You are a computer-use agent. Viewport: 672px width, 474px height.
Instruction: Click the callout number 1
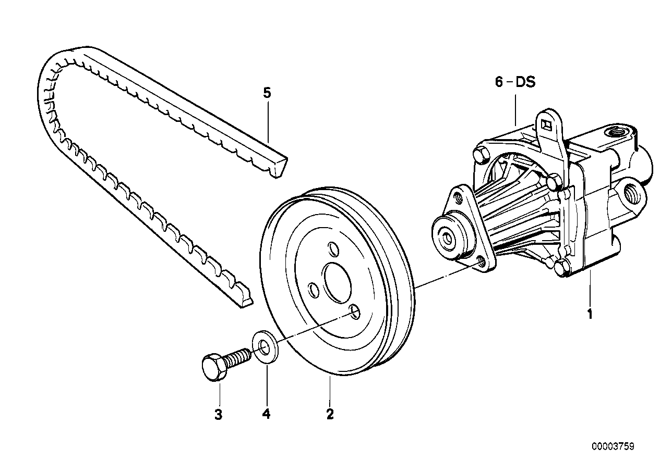tap(590, 315)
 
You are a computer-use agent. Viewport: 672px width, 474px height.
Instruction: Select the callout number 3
tap(219, 415)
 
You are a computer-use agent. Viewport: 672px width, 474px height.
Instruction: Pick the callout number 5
tap(267, 93)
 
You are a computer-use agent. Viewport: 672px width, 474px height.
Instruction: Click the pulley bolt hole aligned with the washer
tap(354, 311)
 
